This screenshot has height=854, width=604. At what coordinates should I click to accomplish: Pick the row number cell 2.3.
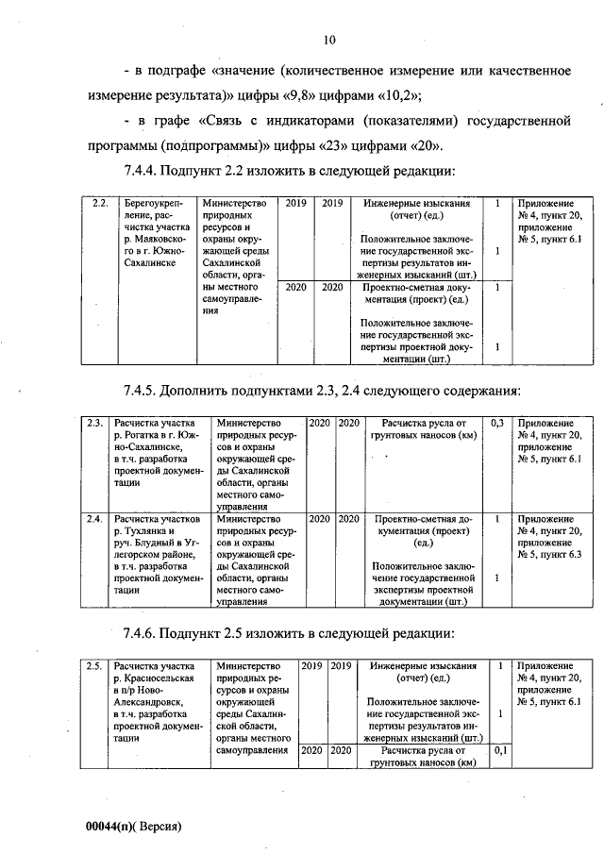pos(94,423)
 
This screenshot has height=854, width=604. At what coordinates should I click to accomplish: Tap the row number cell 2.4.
pos(94,519)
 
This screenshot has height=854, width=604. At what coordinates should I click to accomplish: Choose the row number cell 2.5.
pos(94,666)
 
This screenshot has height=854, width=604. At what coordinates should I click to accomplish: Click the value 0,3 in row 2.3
pos(496,423)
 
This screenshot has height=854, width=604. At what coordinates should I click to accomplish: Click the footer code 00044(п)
pos(112,824)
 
